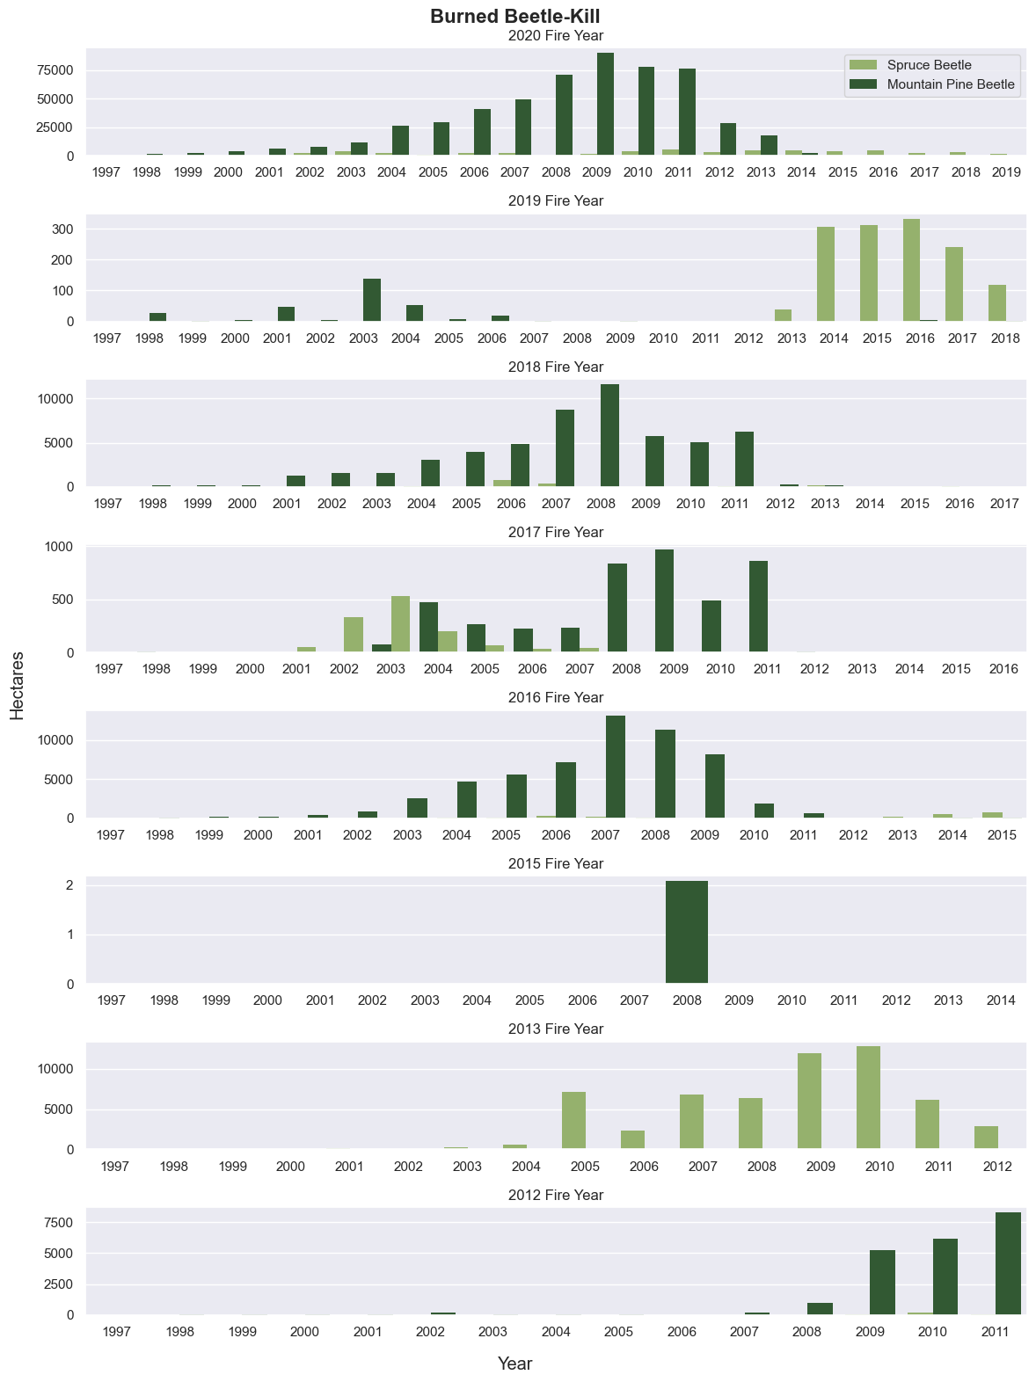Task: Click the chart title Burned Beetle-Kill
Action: pyautogui.click(x=515, y=17)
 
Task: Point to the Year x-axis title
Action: pyautogui.click(x=515, y=1364)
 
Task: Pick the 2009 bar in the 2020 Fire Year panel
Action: pyautogui.click(x=605, y=105)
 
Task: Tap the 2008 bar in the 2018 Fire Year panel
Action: pyautogui.click(x=609, y=436)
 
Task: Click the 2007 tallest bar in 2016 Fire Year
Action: pyautogui.click(x=616, y=767)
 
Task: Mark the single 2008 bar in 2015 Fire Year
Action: pyautogui.click(x=687, y=932)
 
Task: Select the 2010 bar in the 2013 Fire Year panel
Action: pyautogui.click(x=868, y=1098)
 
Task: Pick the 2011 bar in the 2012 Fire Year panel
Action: pyautogui.click(x=1008, y=1263)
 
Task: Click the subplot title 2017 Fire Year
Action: pyautogui.click(x=556, y=532)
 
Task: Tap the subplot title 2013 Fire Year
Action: pyautogui.click(x=556, y=1029)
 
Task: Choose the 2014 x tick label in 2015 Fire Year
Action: pyautogui.click(x=1001, y=1000)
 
